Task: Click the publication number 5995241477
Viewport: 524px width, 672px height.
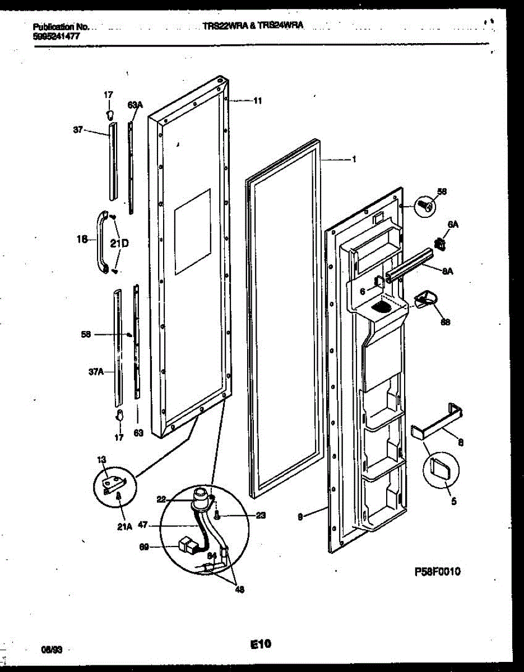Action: pyautogui.click(x=57, y=35)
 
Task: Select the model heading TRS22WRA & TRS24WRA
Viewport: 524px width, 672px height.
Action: pyautogui.click(x=253, y=26)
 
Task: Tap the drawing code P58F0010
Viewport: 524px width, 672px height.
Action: pyautogui.click(x=437, y=572)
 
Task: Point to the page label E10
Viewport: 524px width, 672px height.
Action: pyautogui.click(x=261, y=645)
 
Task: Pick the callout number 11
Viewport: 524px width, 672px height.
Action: pyautogui.click(x=257, y=101)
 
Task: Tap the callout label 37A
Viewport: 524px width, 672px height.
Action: pyautogui.click(x=96, y=371)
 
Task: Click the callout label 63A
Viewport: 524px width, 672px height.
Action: pyautogui.click(x=135, y=105)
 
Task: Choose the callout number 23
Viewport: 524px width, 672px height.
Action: pyautogui.click(x=260, y=516)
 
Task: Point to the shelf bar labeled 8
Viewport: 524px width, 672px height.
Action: pyautogui.click(x=440, y=421)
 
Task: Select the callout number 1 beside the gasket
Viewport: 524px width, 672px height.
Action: pyautogui.click(x=354, y=159)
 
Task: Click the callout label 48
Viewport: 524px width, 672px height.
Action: pyautogui.click(x=239, y=589)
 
